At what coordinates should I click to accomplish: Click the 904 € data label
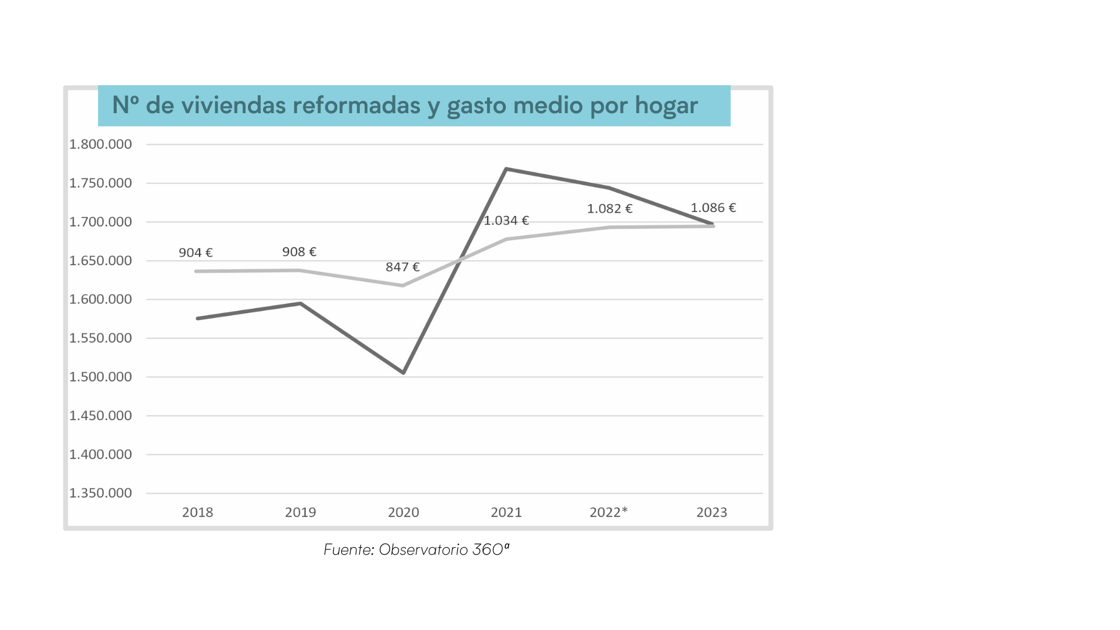[x=195, y=253]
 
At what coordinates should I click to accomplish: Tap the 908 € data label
[x=299, y=252]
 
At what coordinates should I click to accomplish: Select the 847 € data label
[x=402, y=267]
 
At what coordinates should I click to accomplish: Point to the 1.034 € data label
[x=506, y=220]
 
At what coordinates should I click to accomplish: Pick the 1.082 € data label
[x=610, y=209]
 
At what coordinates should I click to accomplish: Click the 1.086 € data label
[x=713, y=208]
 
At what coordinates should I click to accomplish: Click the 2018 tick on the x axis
[x=198, y=512]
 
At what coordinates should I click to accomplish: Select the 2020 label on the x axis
[x=404, y=512]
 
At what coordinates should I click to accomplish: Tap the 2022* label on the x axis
[x=608, y=512]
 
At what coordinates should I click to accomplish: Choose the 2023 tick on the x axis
[x=712, y=512]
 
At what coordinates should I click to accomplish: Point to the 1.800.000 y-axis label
[x=101, y=144]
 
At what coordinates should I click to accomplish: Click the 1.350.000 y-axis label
[x=101, y=493]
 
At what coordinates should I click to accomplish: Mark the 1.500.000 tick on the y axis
[x=101, y=377]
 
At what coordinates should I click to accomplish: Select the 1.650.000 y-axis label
[x=101, y=261]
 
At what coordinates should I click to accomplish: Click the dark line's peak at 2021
[x=506, y=169]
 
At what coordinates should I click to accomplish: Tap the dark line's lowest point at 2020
[x=404, y=372]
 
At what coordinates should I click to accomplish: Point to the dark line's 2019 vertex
[x=300, y=303]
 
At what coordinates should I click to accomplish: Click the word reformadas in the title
[x=356, y=106]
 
